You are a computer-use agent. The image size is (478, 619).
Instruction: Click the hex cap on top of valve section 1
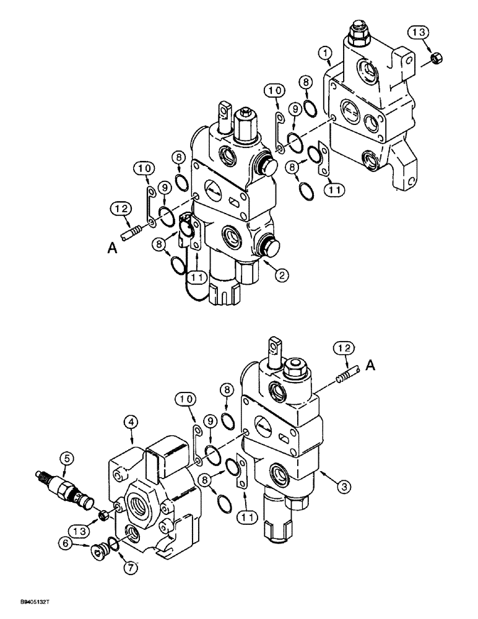pyautogui.click(x=360, y=30)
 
